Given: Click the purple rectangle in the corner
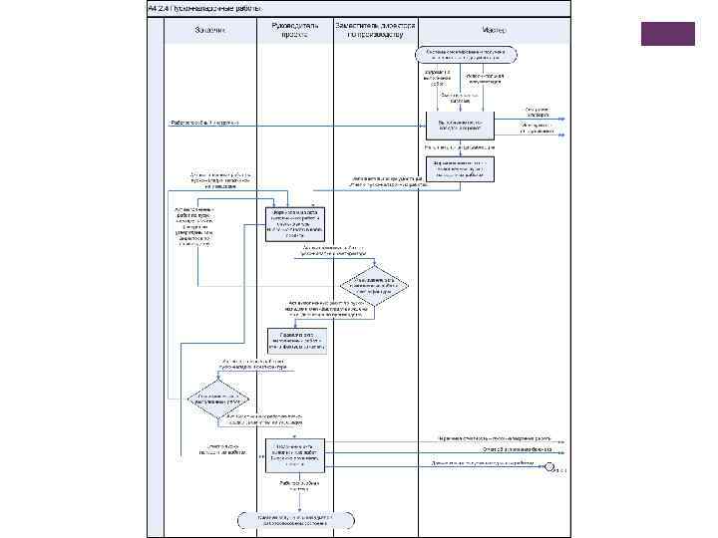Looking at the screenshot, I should pyautogui.click(x=668, y=34).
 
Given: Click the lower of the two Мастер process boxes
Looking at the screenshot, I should pyautogui.click(x=460, y=167).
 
